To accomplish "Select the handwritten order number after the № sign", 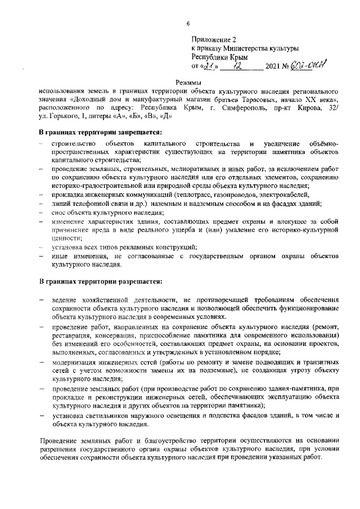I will pyautogui.click(x=315, y=66).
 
